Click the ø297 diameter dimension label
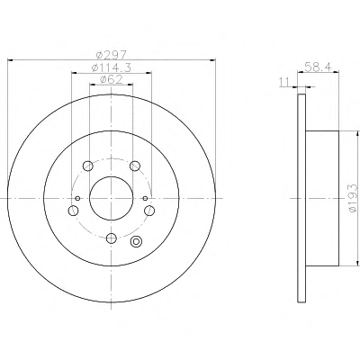pyautogui.click(x=112, y=55)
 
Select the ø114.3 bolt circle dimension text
pyautogui.click(x=111, y=67)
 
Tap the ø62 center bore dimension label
pyautogui.click(x=111, y=79)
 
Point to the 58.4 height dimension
pyautogui.click(x=318, y=67)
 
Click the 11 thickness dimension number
pyautogui.click(x=284, y=82)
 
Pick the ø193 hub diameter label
pyautogui.click(x=354, y=198)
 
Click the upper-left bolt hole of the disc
pyautogui.click(x=87, y=166)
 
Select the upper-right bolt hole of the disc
pyautogui.click(x=135, y=166)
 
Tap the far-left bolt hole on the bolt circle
pyautogui.click(x=73, y=211)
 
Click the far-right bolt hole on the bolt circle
pyautogui.click(x=149, y=211)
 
